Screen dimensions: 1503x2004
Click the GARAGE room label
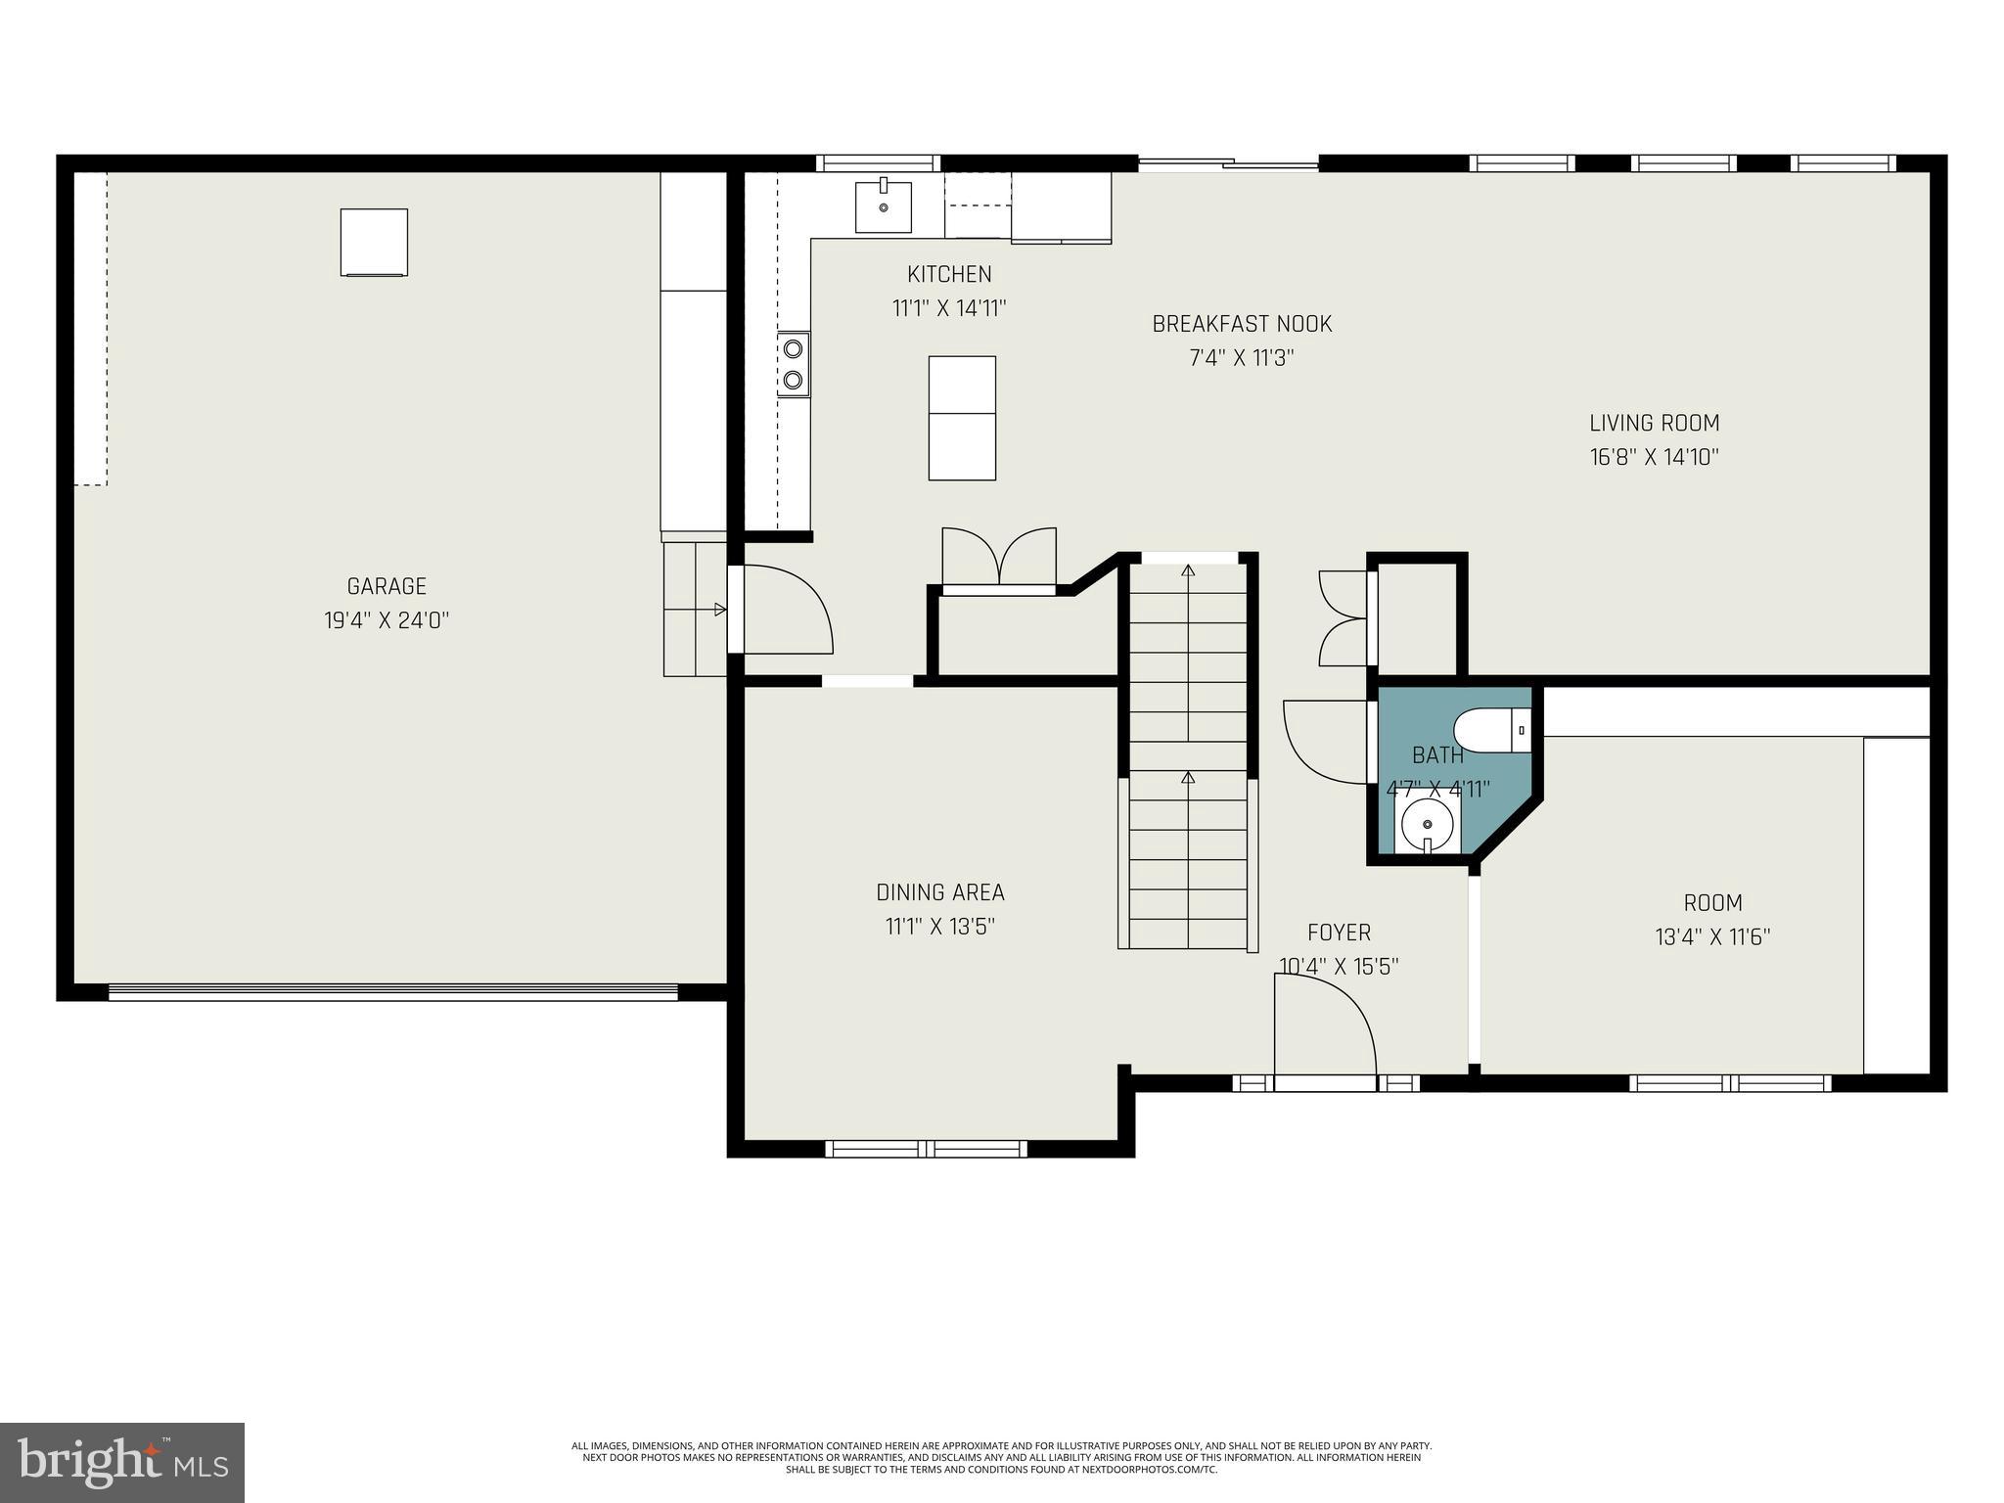click(x=387, y=586)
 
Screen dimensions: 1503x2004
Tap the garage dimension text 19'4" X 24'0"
click(x=387, y=620)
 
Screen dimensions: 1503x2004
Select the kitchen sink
click(x=883, y=207)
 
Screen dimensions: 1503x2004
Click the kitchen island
click(x=962, y=418)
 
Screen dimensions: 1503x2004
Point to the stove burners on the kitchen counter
click(x=794, y=364)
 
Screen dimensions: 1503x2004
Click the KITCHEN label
click(x=949, y=275)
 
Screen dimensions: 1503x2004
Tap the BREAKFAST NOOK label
click(x=1242, y=324)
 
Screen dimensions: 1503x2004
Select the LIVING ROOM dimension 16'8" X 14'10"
click(x=1654, y=457)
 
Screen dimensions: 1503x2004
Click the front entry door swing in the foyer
click(x=1323, y=1027)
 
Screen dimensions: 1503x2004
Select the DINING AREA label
click(x=939, y=892)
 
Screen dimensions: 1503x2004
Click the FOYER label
click(x=1339, y=933)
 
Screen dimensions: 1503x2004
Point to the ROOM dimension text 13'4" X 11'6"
click(x=1712, y=937)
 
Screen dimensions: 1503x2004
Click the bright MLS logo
click(x=122, y=1462)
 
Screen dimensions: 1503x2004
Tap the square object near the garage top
click(x=374, y=242)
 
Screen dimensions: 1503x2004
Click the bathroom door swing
click(x=1324, y=741)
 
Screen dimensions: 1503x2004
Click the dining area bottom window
click(x=926, y=1149)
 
